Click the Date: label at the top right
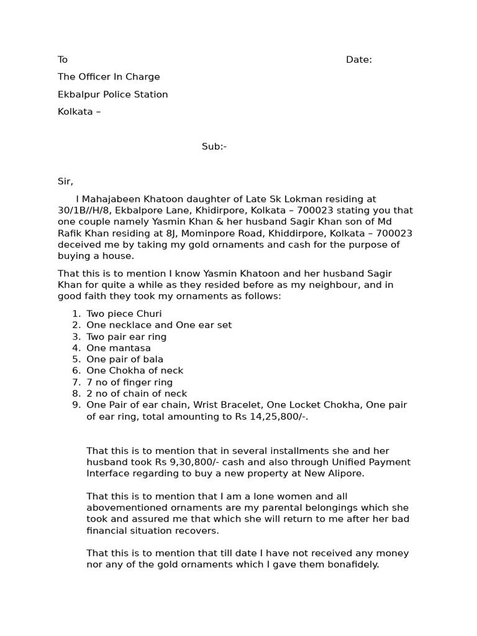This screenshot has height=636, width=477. click(x=359, y=60)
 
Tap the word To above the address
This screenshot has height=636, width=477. click(x=63, y=60)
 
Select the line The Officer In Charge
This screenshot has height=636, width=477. click(x=109, y=77)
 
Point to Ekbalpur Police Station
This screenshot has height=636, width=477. click(x=112, y=94)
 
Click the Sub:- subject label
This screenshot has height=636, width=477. click(x=214, y=147)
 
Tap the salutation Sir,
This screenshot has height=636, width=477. click(x=65, y=181)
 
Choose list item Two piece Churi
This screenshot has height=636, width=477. click(x=124, y=314)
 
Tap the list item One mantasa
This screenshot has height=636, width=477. click(x=119, y=348)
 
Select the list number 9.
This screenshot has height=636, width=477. click(x=76, y=405)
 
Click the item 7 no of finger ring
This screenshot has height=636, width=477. click(x=129, y=382)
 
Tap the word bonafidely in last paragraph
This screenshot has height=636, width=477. click(x=350, y=565)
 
